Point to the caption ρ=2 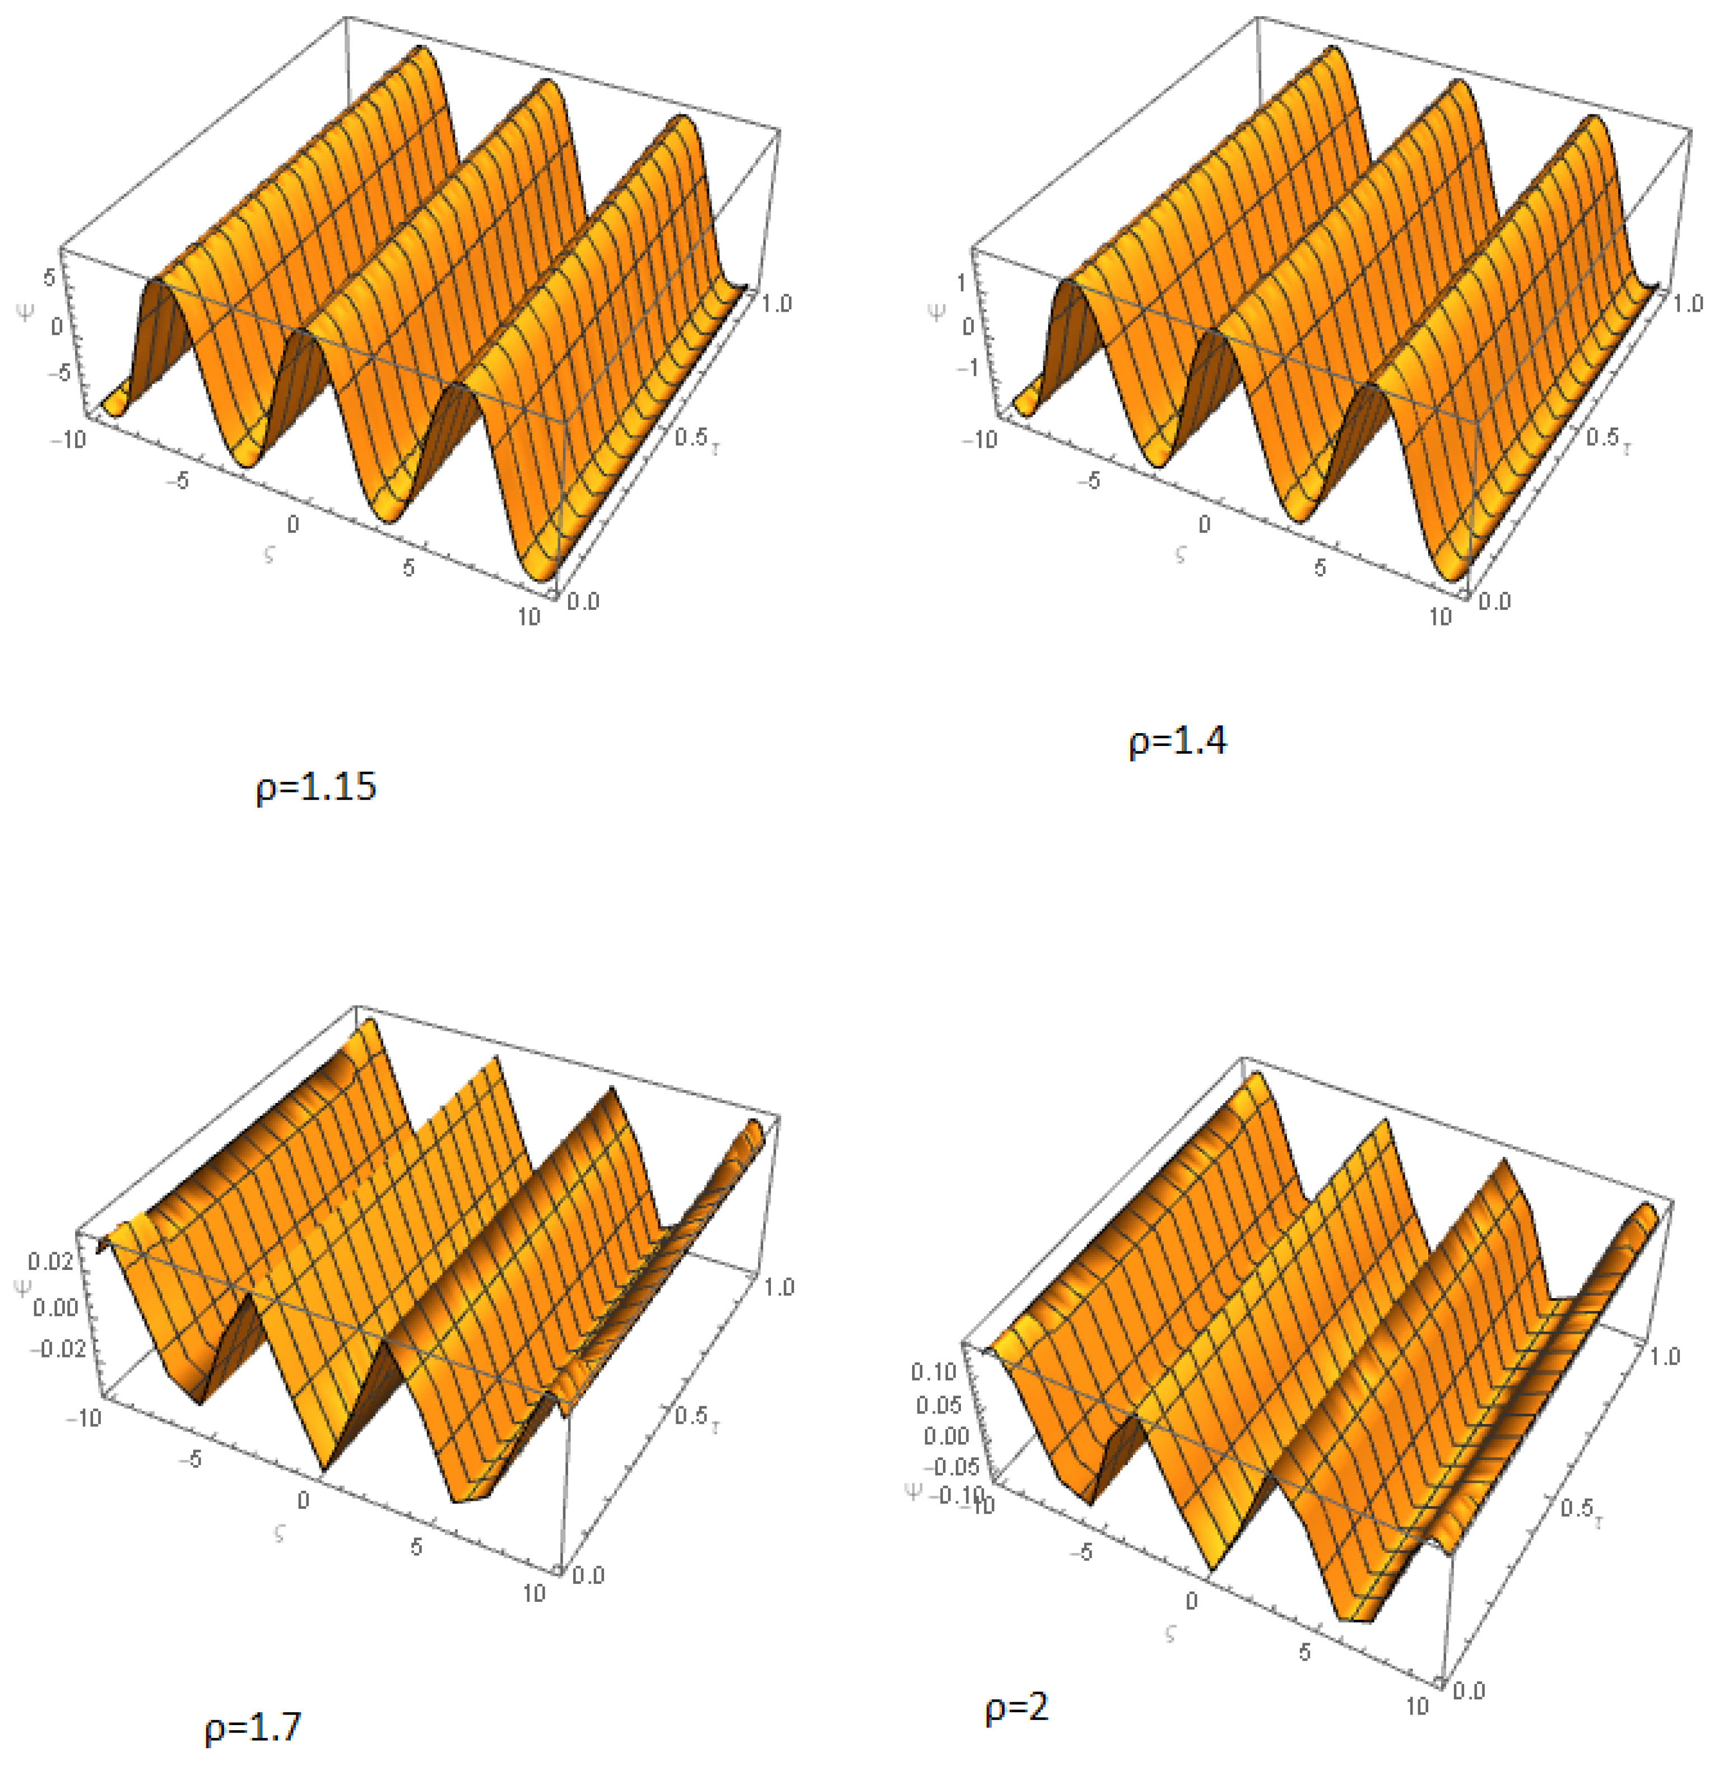(1016, 1707)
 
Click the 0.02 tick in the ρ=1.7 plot (50, 1261)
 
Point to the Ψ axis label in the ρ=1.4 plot (937, 312)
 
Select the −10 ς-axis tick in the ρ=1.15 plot (68, 440)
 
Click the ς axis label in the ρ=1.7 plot (280, 1532)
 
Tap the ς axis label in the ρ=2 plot (1171, 1633)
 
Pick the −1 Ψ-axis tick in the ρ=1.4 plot (968, 368)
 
